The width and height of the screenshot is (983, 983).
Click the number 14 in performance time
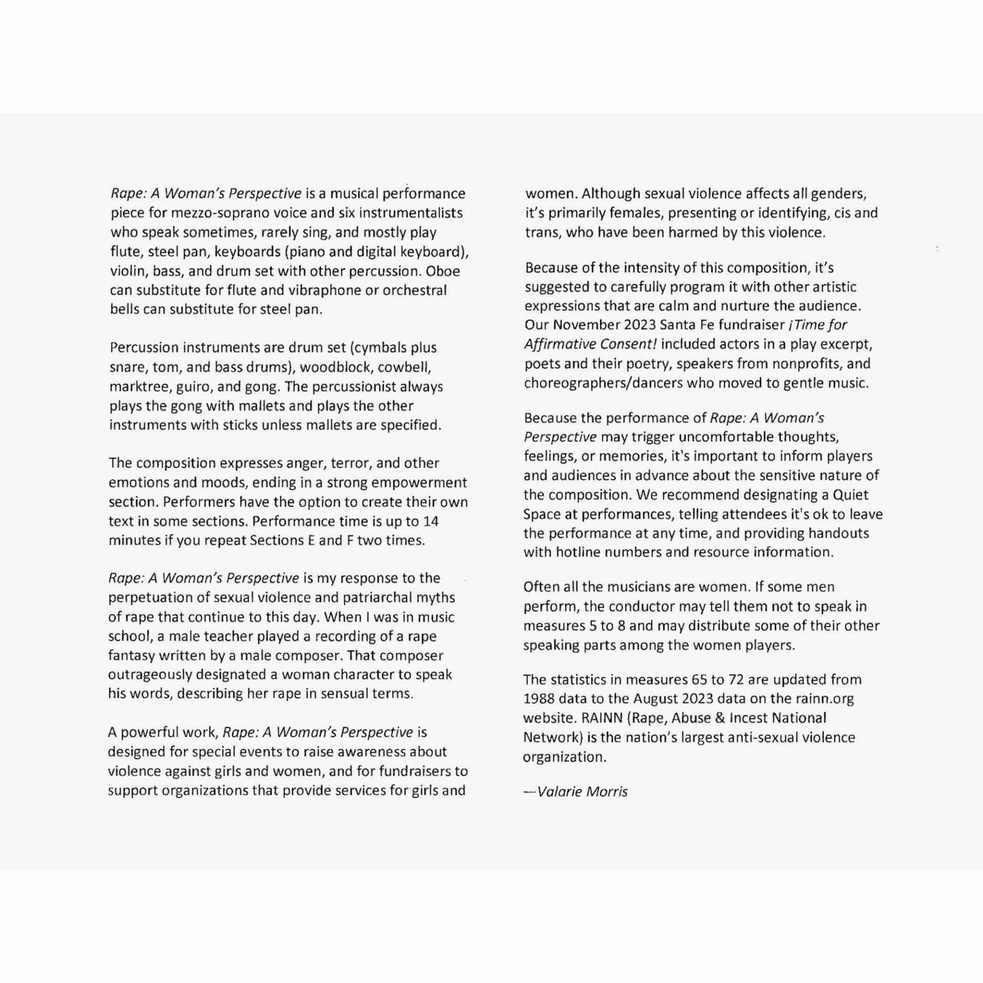click(431, 521)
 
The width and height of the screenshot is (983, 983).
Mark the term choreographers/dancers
click(603, 383)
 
